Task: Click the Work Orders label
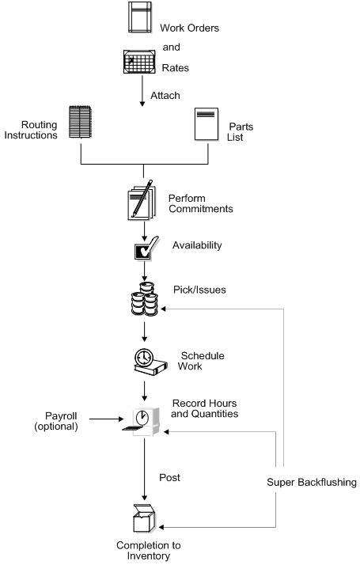click(x=189, y=28)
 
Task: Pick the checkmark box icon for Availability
click(x=142, y=252)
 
